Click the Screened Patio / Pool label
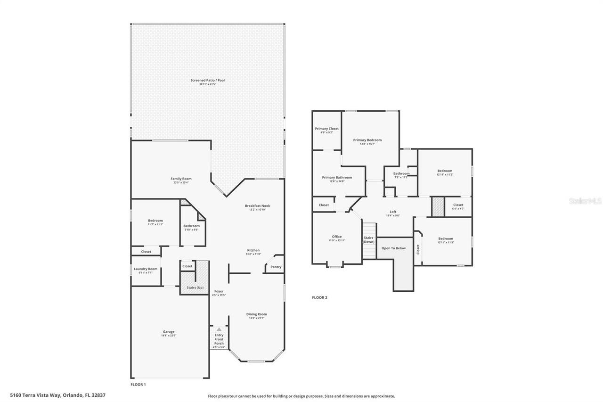point(207,81)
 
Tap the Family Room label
point(181,179)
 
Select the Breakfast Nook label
point(257,206)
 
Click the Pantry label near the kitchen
point(276,267)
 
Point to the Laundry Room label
point(146,269)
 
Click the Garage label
point(169,332)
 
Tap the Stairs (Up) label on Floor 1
point(195,287)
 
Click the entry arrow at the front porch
point(219,329)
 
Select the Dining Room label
point(257,314)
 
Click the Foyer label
point(219,292)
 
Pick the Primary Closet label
point(327,129)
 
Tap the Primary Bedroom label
point(367,140)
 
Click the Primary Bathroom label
point(337,178)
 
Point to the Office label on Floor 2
point(337,237)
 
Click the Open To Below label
point(393,248)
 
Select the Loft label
point(393,212)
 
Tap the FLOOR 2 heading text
point(319,298)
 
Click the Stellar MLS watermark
point(585,201)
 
